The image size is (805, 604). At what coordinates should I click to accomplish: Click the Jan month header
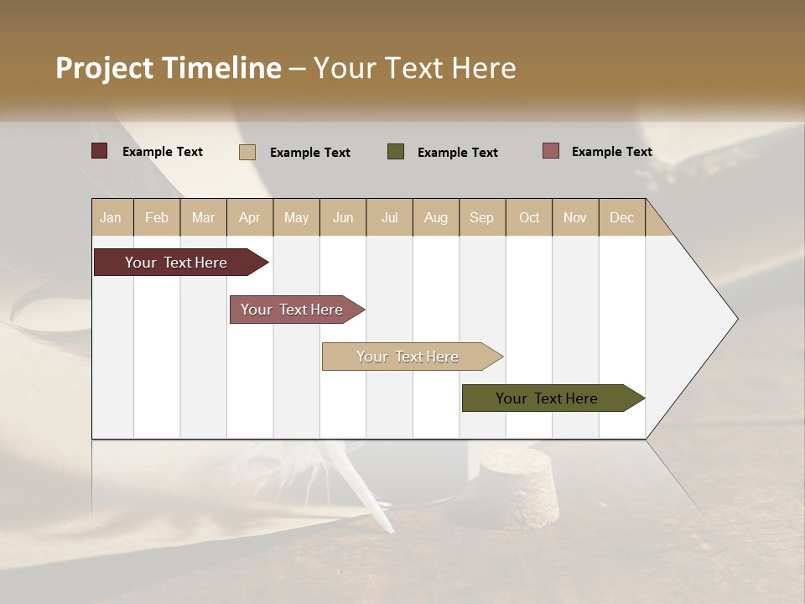[112, 217]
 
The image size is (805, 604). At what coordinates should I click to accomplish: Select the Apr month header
[250, 217]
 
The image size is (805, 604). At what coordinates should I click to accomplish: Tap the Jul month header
[389, 217]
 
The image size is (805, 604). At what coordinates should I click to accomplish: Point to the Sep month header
[482, 217]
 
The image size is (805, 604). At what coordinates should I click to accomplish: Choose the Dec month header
[621, 217]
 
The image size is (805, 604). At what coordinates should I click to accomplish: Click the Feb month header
[157, 217]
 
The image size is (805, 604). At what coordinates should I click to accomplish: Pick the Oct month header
[529, 217]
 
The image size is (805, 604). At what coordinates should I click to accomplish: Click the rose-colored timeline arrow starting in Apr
[293, 310]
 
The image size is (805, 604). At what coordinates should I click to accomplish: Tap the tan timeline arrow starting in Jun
[409, 357]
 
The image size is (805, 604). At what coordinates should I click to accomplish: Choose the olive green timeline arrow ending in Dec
[549, 398]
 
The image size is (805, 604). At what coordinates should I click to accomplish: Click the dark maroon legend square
[100, 151]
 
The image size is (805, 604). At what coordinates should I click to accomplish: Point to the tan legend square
[247, 152]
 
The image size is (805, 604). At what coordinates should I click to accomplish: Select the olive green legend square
[396, 152]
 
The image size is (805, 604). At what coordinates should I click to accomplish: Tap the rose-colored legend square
[551, 151]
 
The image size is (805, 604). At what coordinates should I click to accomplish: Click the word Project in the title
[105, 68]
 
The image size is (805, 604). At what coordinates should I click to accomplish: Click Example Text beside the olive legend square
[457, 153]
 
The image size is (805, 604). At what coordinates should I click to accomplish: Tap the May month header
[296, 217]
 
